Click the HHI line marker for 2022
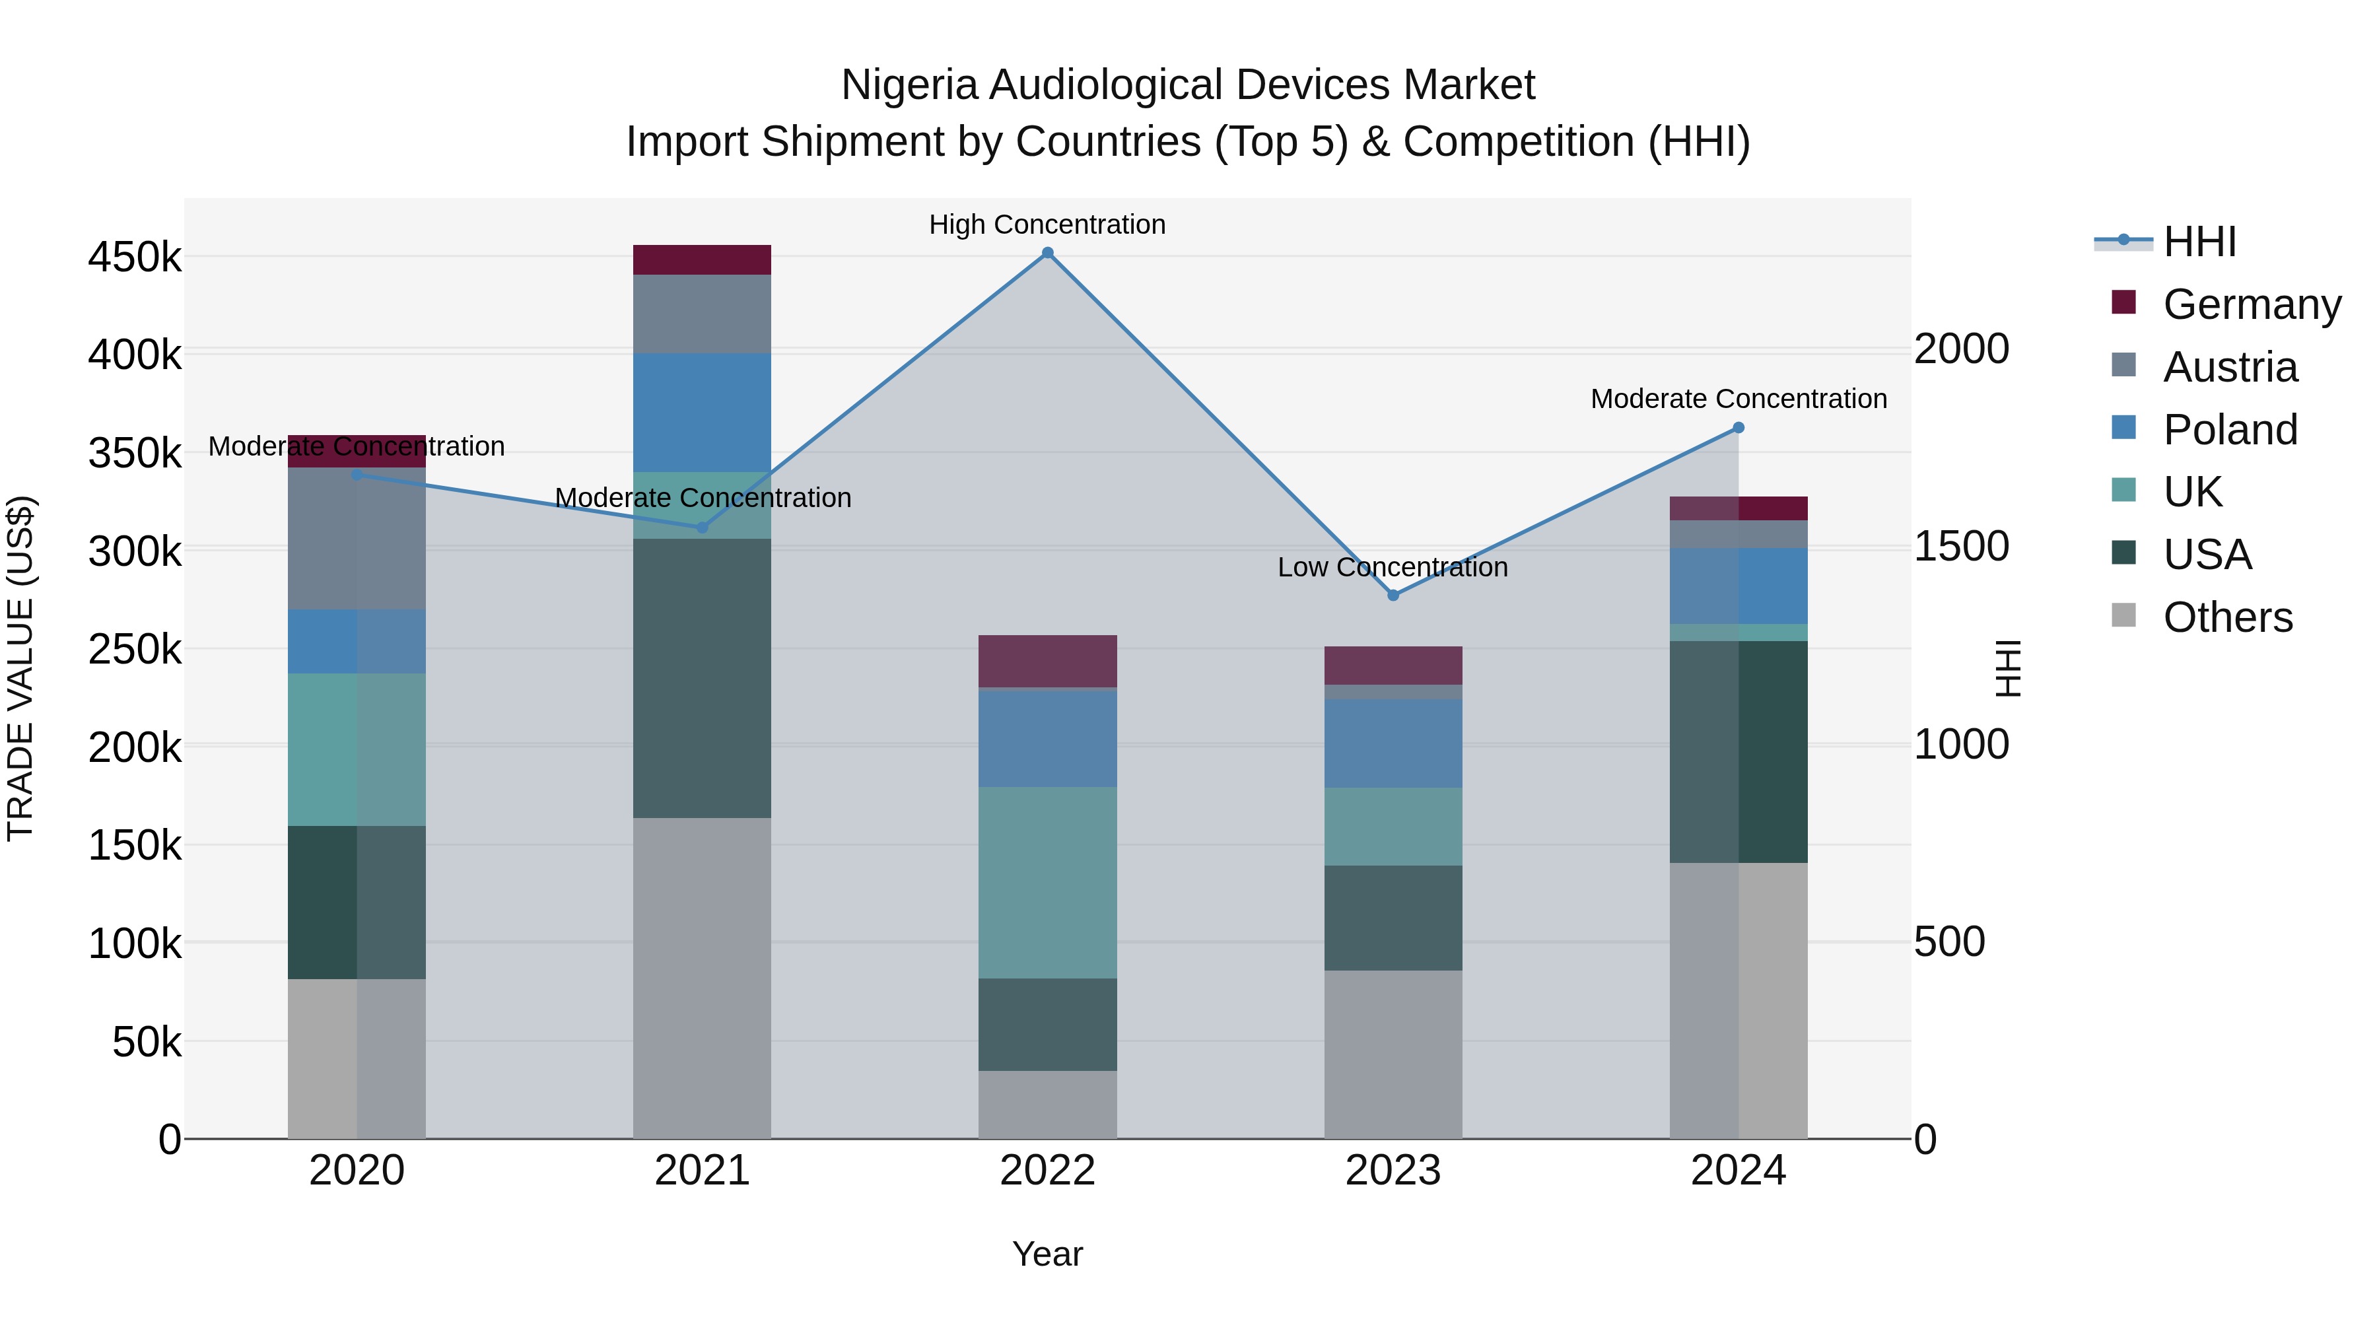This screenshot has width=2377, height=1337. (1047, 253)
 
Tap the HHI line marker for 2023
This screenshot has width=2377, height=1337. (1393, 595)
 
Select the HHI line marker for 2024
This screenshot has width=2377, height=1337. (1739, 427)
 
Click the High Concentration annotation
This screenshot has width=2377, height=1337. (1047, 224)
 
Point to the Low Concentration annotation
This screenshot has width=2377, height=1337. (1393, 566)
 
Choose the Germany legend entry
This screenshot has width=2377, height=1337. (2252, 304)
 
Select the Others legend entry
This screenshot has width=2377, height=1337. (2228, 617)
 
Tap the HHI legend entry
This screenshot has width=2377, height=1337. (2200, 242)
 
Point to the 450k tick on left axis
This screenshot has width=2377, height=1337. (135, 257)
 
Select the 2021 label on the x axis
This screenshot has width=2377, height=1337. (703, 1171)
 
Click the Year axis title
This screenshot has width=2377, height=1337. (1047, 1254)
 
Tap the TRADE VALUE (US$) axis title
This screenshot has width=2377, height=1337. (20, 669)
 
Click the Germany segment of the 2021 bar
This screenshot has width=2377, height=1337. (703, 259)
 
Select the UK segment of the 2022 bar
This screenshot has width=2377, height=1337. (1047, 882)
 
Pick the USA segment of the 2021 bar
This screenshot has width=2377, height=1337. (703, 678)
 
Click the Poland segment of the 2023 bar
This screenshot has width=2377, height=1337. (1393, 743)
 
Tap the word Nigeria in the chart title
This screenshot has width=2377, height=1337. (909, 85)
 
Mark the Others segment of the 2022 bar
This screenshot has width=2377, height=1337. (1047, 1105)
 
